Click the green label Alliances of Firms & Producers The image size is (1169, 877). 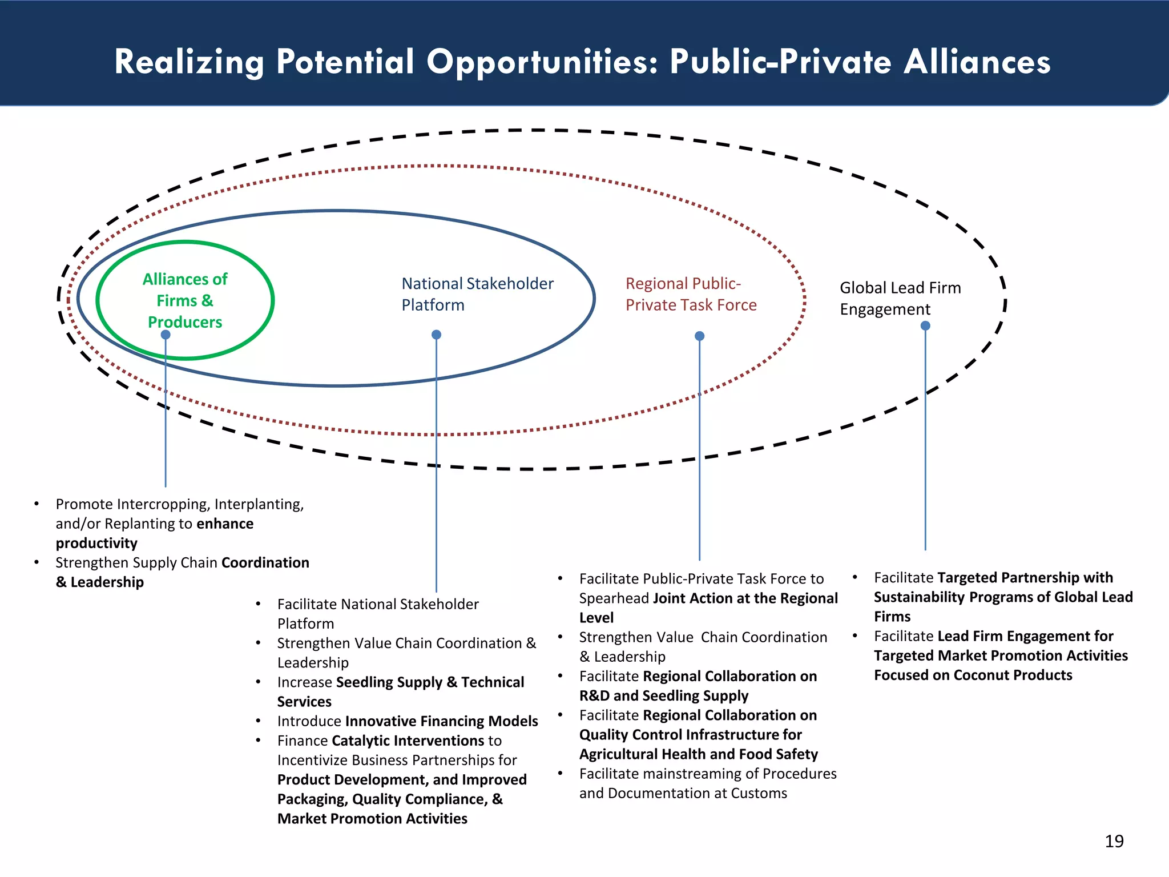tap(185, 300)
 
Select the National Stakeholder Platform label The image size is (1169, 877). tap(478, 294)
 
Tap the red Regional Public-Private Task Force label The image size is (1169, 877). tap(691, 294)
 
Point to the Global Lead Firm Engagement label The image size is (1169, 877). tap(900, 298)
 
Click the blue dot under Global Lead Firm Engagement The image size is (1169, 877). tap(925, 325)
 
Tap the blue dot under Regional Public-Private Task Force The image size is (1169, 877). tap(699, 336)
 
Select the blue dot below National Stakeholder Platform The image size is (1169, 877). tap(436, 335)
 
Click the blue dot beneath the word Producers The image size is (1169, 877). tap(166, 335)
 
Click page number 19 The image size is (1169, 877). tap(1114, 841)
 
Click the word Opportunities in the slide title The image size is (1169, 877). tap(542, 62)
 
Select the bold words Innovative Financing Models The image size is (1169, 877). tap(441, 721)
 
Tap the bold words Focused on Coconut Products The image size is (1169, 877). tap(973, 675)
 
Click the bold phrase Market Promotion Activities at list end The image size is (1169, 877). tap(372, 818)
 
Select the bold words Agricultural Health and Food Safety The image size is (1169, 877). tap(699, 754)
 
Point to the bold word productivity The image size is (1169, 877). tap(96, 543)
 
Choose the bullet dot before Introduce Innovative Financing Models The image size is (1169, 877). tap(259, 721)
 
